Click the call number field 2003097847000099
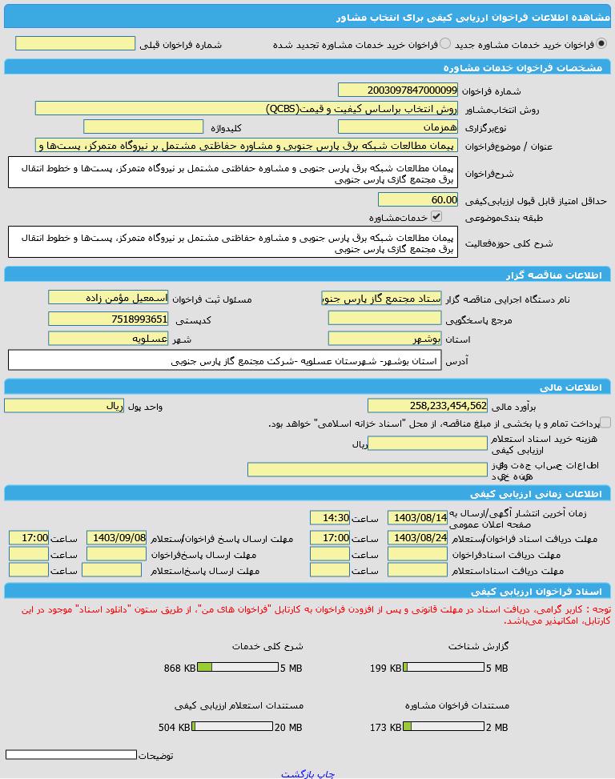[x=397, y=90]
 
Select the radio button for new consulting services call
[x=601, y=44]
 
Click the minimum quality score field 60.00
[x=417, y=199]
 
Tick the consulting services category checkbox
[x=436, y=216]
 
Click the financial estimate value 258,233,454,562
[x=428, y=406]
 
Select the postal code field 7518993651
[x=108, y=319]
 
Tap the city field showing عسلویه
[x=108, y=339]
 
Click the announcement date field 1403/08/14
[x=417, y=518]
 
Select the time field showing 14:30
[x=330, y=518]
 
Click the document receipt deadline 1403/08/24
[x=417, y=538]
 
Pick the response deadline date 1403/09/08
[x=117, y=538]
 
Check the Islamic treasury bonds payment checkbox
[x=605, y=422]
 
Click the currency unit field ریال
[x=63, y=406]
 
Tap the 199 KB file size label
[x=385, y=668]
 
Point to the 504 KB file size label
[x=175, y=727]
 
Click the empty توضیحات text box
[x=71, y=754]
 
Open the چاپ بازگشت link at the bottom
[x=307, y=773]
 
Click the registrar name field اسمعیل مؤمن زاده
[x=108, y=297]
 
